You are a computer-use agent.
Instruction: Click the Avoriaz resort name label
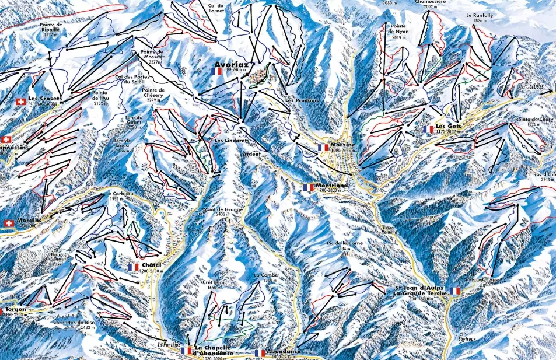[x=232, y=65]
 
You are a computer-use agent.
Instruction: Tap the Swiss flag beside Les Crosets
[x=21, y=102]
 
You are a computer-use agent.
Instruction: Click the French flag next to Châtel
[x=134, y=267]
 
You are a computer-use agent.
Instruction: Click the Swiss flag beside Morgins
[x=9, y=223]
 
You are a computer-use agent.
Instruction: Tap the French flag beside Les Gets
[x=430, y=129]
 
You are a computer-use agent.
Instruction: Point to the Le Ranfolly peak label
[x=477, y=17]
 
